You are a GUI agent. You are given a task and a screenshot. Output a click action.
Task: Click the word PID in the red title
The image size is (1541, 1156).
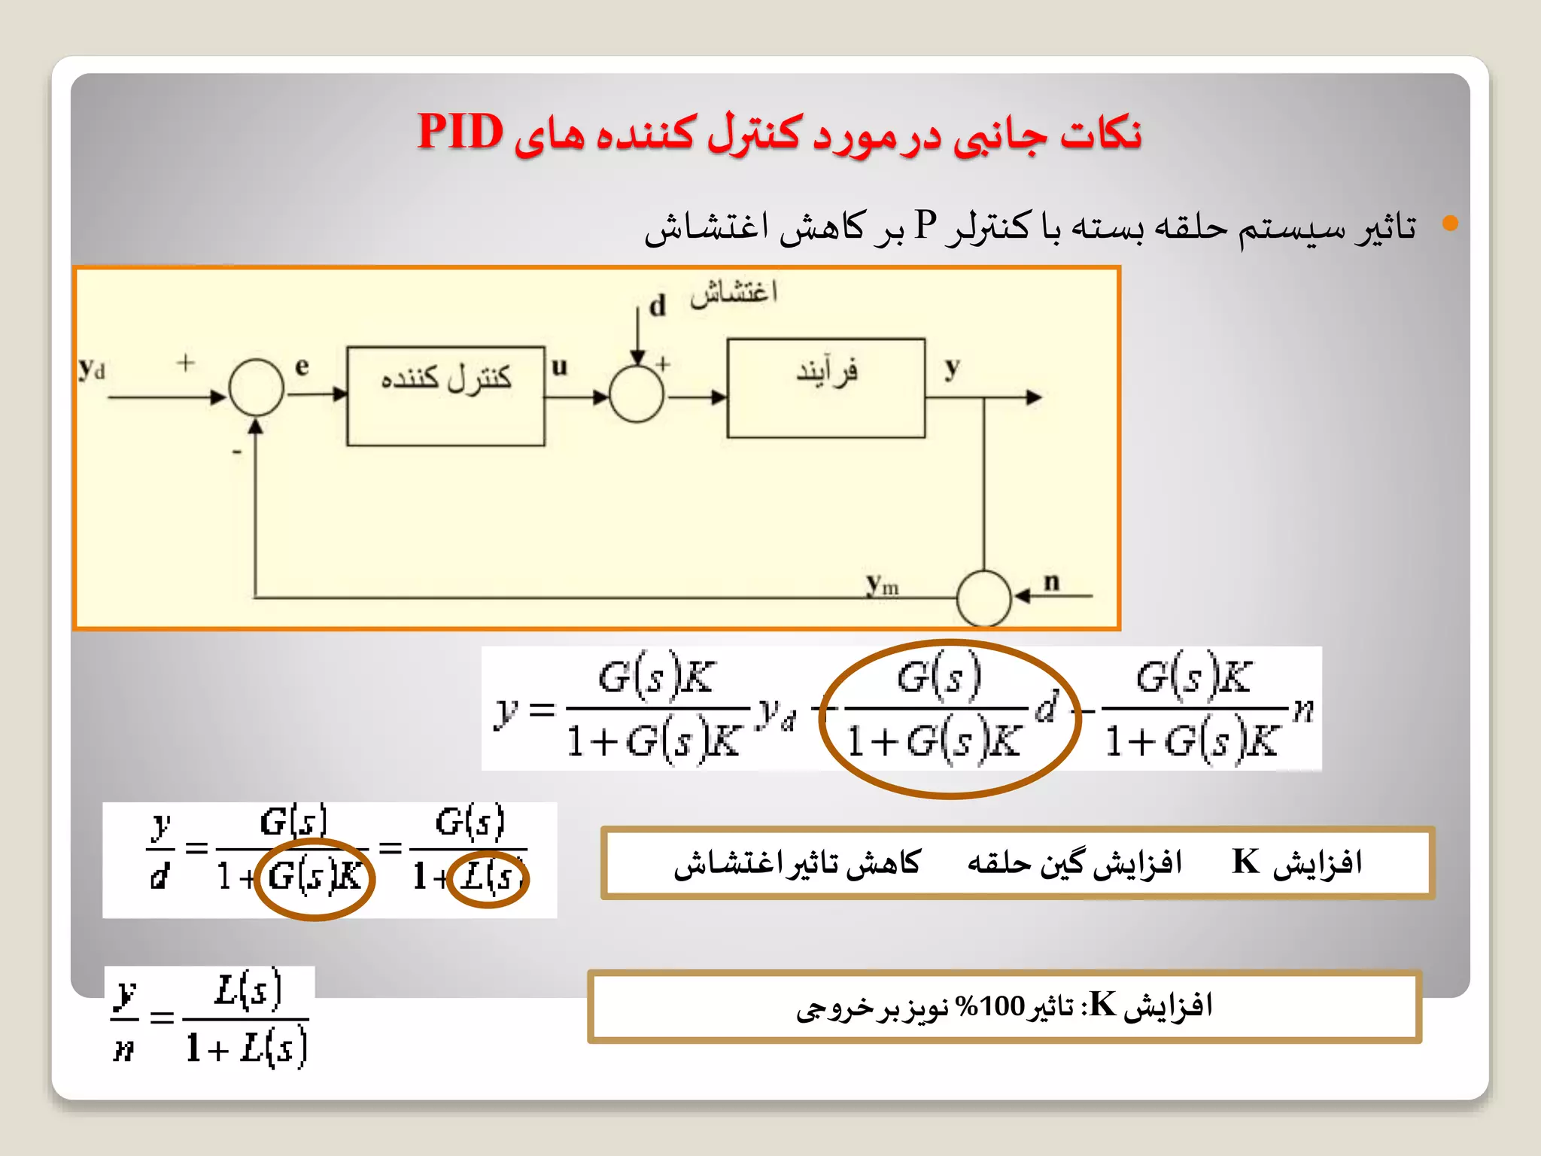click(460, 132)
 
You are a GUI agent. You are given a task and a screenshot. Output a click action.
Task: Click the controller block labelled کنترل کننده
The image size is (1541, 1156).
click(445, 396)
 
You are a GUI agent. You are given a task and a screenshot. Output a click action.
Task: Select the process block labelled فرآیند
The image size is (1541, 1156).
click(825, 388)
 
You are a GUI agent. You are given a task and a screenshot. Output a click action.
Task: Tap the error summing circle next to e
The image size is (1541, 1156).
click(257, 388)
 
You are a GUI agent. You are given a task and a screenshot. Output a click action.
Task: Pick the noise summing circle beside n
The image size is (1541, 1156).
click(983, 598)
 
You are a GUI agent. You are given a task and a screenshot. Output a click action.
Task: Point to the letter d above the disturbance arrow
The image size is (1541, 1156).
click(658, 306)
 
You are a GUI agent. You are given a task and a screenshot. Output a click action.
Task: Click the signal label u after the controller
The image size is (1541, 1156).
click(559, 367)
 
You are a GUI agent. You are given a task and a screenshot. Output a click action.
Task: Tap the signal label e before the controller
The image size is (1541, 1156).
click(302, 367)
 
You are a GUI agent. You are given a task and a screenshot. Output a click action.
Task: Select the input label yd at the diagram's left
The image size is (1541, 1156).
click(92, 370)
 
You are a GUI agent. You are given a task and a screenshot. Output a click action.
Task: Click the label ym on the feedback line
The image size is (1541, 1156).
click(882, 584)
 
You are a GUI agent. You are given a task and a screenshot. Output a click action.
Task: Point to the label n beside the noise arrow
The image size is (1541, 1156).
click(1051, 581)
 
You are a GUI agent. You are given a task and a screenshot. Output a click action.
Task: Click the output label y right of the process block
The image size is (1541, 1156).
click(953, 367)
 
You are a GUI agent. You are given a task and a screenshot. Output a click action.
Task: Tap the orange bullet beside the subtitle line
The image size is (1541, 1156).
click(1450, 224)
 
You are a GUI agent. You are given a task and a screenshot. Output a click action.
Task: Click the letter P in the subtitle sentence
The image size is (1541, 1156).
click(926, 225)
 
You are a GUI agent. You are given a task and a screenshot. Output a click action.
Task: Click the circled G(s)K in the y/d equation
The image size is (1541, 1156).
click(315, 877)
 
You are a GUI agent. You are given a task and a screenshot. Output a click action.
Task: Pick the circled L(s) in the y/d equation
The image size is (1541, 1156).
click(488, 877)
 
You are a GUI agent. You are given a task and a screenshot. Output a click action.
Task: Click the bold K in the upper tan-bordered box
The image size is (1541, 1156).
click(1246, 862)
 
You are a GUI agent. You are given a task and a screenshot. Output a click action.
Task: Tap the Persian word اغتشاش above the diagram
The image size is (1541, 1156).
click(734, 292)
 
